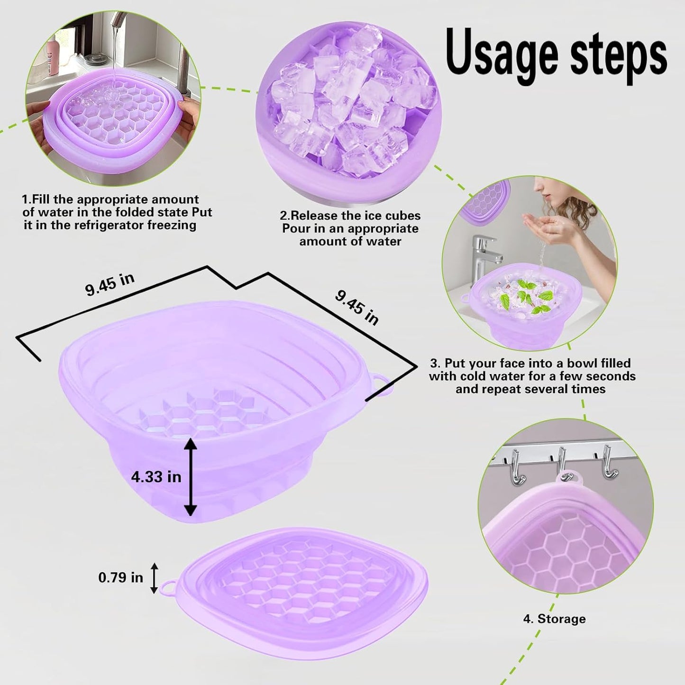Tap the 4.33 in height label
(x=156, y=476)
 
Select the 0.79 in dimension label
(x=120, y=577)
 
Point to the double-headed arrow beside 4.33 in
(x=190, y=476)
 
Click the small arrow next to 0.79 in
(x=154, y=577)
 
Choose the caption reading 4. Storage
(x=554, y=619)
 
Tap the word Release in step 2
(x=315, y=216)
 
